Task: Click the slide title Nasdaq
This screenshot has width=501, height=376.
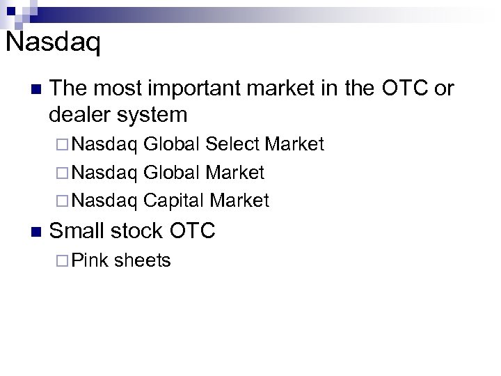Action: coord(53,43)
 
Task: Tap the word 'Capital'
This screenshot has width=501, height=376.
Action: coord(173,201)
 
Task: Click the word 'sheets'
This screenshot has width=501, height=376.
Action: coord(143,260)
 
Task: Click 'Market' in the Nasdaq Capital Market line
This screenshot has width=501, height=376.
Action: coord(239,201)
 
